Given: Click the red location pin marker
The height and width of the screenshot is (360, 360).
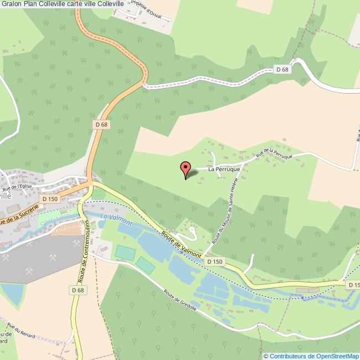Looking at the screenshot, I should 186,168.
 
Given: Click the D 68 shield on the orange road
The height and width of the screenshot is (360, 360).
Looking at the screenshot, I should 101,125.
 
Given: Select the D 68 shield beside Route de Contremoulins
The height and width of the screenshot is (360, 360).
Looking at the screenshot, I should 78,290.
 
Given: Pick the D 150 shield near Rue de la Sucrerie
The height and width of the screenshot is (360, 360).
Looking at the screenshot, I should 50,199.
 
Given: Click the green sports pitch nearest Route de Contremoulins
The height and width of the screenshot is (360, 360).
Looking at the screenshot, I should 125,252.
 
